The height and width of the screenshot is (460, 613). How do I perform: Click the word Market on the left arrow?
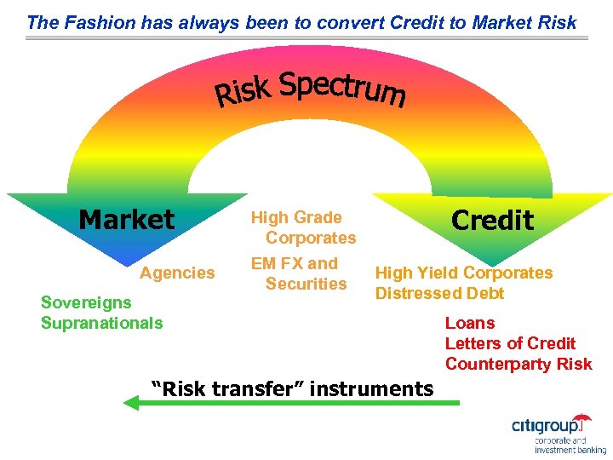click(126, 220)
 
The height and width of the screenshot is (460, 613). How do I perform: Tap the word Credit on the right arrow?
click(492, 220)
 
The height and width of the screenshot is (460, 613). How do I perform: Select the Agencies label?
click(177, 273)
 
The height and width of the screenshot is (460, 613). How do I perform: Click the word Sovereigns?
click(86, 302)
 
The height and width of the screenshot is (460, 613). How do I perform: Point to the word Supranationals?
click(101, 323)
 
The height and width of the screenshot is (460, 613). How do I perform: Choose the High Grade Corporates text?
click(302, 227)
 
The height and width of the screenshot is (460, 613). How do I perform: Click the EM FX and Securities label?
click(300, 273)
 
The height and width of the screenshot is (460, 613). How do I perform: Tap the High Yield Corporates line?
click(464, 273)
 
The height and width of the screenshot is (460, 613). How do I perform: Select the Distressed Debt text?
click(439, 293)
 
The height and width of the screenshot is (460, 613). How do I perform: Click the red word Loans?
click(469, 323)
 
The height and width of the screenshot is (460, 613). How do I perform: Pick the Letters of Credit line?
click(510, 343)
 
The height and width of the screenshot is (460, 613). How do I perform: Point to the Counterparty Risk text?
click(518, 364)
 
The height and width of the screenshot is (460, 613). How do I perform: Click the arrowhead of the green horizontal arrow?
click(130, 402)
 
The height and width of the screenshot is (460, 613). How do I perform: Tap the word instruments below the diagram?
click(372, 389)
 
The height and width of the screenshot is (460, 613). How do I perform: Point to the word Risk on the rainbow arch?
click(242, 92)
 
